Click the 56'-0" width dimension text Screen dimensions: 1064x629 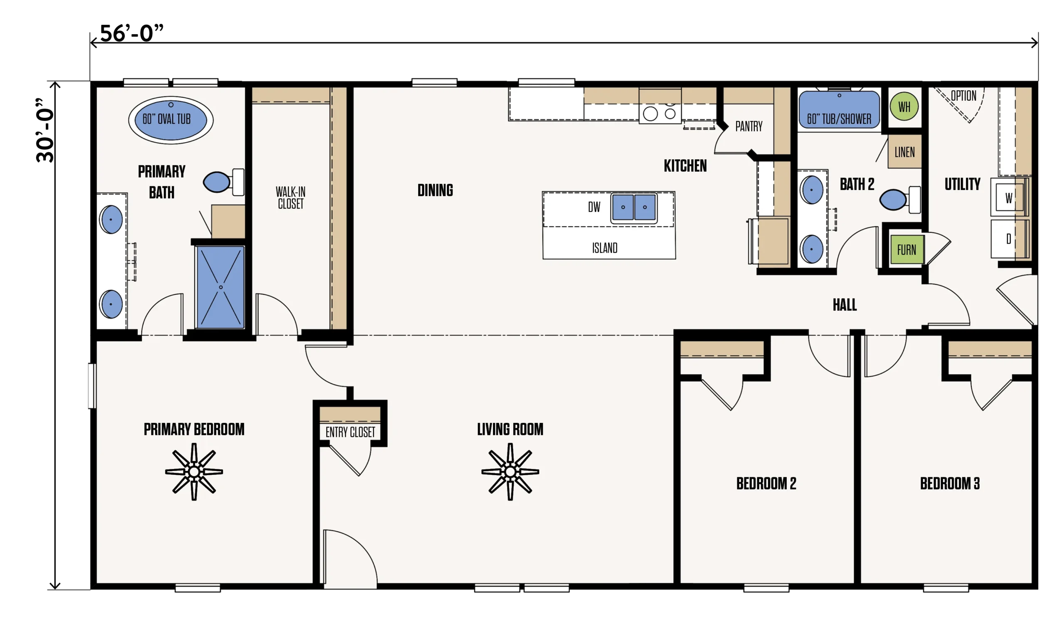(x=132, y=33)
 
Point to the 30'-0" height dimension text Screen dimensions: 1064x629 (x=45, y=131)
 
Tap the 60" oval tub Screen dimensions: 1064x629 (x=171, y=120)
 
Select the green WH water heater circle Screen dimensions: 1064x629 (x=904, y=106)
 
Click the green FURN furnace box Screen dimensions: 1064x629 (x=907, y=250)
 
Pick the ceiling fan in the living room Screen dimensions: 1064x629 (x=510, y=472)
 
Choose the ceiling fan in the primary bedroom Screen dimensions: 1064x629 (x=194, y=472)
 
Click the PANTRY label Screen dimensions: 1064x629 (x=749, y=126)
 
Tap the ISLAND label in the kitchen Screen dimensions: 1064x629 (x=605, y=248)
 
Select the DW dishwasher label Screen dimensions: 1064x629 (x=594, y=207)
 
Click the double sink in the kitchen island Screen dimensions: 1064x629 (x=634, y=208)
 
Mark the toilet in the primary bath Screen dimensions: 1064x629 (x=224, y=182)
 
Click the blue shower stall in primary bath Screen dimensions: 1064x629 (x=220, y=287)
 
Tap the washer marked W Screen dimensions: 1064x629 (x=1009, y=197)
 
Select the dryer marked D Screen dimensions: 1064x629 (x=1009, y=239)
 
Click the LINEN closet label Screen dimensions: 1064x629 (x=905, y=152)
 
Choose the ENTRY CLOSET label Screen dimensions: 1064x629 (x=350, y=432)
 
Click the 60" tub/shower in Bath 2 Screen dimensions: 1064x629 (x=839, y=110)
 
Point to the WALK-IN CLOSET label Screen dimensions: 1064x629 (x=291, y=197)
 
